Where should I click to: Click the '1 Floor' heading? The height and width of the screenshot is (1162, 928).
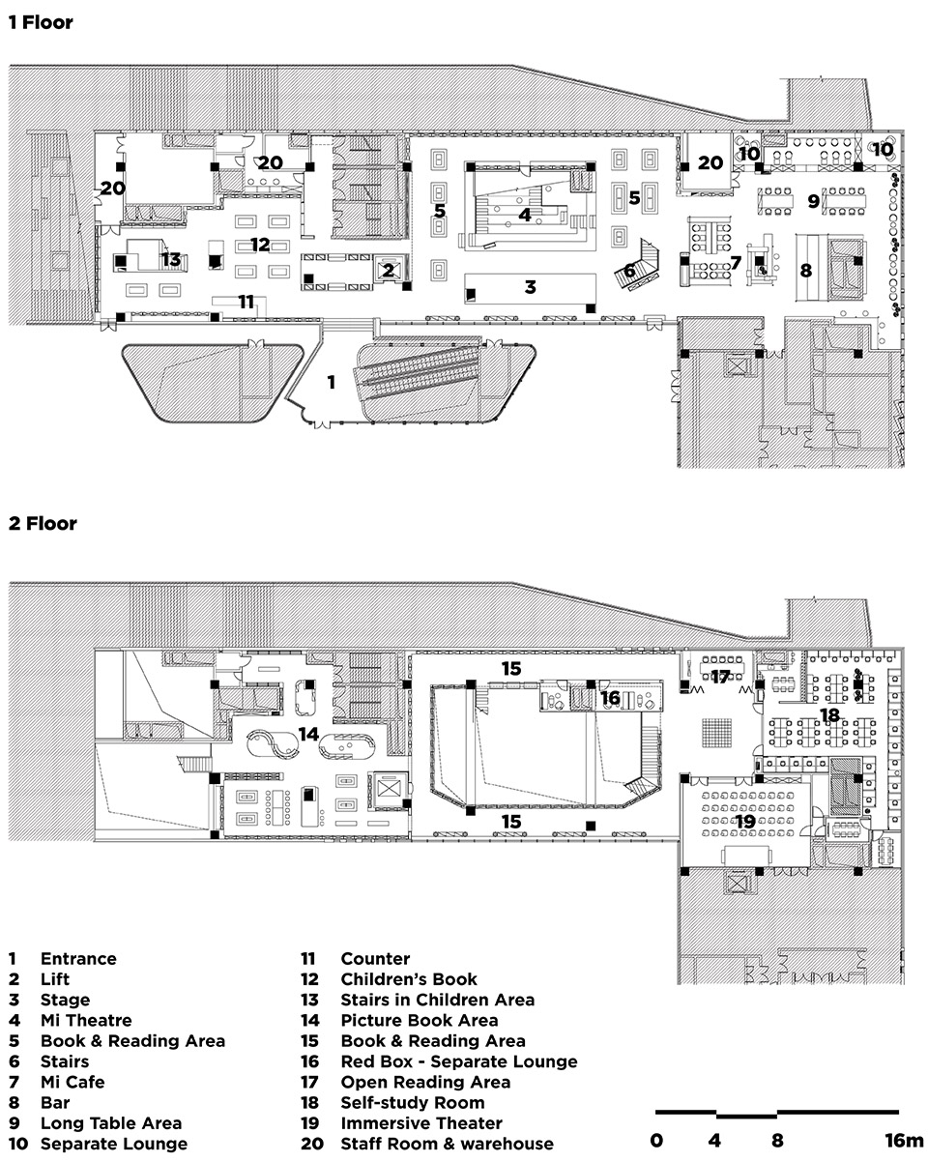pos(41,21)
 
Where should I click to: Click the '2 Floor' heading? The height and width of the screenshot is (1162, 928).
pos(42,524)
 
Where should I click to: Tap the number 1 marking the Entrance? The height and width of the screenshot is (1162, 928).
pos(332,383)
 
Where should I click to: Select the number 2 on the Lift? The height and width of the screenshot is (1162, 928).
pos(389,272)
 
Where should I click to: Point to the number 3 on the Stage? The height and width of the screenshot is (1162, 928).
pos(531,287)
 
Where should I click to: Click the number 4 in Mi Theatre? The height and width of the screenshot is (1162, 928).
pos(525,215)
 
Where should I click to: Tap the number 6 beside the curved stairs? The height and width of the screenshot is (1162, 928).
pos(628,271)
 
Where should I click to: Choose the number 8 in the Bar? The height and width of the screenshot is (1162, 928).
pos(805,271)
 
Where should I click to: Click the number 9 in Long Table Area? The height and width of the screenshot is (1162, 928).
pos(813,201)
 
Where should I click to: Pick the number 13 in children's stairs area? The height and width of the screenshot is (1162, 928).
pos(171,259)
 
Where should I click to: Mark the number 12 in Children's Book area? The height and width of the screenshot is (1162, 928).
pos(259,245)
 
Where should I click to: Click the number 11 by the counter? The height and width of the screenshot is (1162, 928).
pos(246,303)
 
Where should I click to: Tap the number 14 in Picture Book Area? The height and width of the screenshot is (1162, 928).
pos(308,734)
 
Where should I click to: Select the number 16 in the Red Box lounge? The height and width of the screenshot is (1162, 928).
pos(610,697)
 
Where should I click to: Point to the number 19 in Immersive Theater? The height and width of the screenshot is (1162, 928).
pos(743,822)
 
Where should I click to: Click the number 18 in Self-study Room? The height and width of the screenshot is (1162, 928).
pos(829,715)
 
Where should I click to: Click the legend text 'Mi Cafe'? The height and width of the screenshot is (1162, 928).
pos(72,1082)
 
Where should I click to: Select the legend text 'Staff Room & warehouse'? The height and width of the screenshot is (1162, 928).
pos(447,1144)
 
